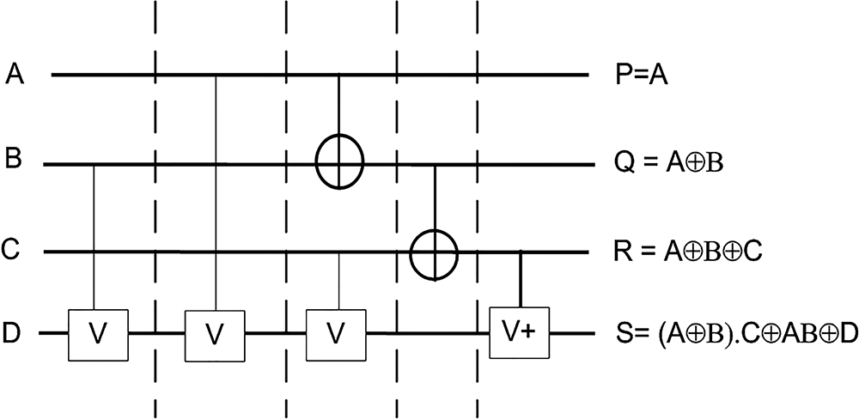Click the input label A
pos(15,76)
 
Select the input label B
pos(14,161)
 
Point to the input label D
pos(14,331)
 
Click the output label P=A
pos(641,76)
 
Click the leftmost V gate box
pos(98,332)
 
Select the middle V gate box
pos(216,332)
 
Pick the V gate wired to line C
pos(338,332)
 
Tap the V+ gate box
pos(519,331)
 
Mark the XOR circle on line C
pos(434,252)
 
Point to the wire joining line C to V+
pos(521,278)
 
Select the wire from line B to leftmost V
pos(94,232)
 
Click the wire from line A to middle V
pos(216,189)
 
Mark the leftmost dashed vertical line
pos(155,206)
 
